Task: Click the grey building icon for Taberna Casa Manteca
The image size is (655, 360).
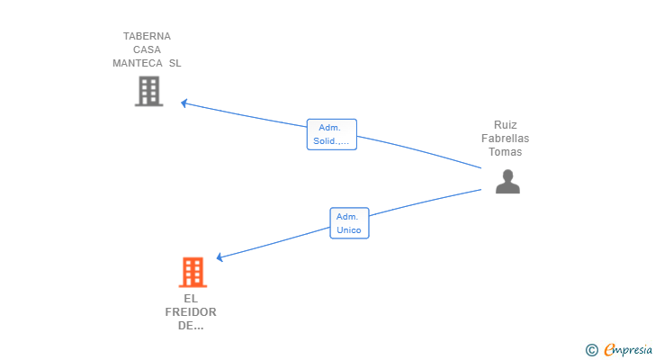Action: [148, 91]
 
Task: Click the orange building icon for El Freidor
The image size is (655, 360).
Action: [193, 272]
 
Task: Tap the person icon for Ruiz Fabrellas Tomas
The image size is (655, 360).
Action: [507, 182]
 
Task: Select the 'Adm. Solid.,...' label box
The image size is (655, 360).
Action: [331, 134]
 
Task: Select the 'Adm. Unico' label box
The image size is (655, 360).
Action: [349, 223]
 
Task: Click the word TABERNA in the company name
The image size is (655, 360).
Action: [147, 36]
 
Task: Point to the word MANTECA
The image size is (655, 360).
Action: [137, 63]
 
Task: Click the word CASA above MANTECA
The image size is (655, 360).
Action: [147, 49]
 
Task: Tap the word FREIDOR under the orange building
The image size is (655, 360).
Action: [191, 311]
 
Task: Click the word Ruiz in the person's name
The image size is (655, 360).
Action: [506, 125]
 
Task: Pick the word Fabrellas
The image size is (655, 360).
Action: [506, 139]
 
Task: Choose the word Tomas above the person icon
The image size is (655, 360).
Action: [506, 152]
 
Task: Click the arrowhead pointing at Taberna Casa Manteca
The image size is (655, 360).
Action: [184, 103]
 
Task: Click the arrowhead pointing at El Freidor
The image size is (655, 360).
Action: [220, 257]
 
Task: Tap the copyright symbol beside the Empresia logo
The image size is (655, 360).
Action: [591, 349]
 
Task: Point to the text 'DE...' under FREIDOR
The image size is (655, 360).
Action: [191, 325]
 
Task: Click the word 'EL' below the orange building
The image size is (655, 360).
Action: [191, 298]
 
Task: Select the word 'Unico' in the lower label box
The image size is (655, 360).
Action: [349, 230]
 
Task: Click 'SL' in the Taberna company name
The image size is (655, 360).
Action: [175, 63]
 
